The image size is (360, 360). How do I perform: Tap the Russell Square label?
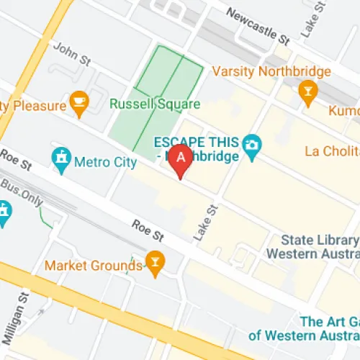[x=154, y=104]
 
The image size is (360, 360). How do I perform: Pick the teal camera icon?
[x=251, y=144]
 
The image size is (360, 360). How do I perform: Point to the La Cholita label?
[x=332, y=151]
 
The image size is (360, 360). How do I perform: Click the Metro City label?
[x=105, y=162]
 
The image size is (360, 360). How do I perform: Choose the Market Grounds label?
[x=94, y=266]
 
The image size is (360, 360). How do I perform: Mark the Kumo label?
[x=343, y=111]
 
